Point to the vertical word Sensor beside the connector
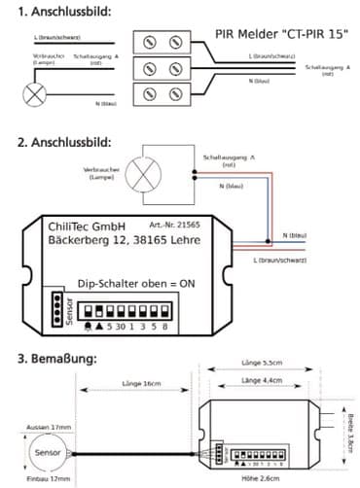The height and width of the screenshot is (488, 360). pos(54,315)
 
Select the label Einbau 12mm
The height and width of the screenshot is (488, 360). pos(45,478)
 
